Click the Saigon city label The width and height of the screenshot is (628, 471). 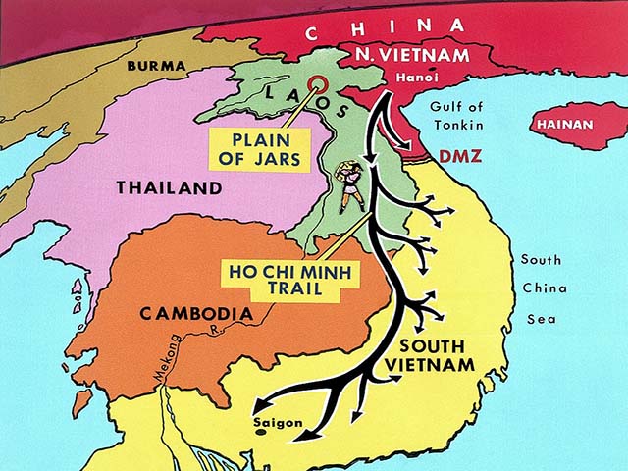tap(277, 423)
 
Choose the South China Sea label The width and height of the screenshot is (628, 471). tap(541, 289)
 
